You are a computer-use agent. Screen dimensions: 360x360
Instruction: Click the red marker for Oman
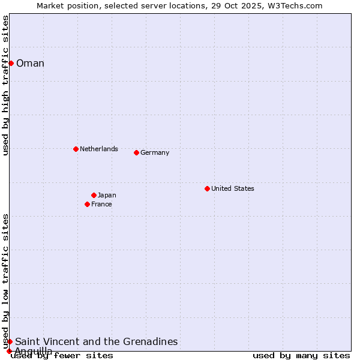coord(11,63)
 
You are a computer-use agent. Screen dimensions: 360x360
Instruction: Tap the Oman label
coord(30,64)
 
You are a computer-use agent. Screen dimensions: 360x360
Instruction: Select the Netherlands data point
coord(76,149)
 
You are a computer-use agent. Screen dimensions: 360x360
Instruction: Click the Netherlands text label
coord(98,149)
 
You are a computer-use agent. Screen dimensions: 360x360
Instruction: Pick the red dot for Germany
coord(136,152)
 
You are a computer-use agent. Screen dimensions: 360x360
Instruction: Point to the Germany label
coord(155,152)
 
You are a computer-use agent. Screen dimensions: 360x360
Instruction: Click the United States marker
coord(207,188)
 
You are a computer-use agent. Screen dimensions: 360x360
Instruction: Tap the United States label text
coord(232,188)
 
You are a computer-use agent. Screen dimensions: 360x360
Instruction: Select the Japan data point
coord(94,195)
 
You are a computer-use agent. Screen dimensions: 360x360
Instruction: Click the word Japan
coord(107,195)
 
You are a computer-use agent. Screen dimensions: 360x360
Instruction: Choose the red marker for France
coord(87,204)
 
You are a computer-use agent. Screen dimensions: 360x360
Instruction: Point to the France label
coord(101,204)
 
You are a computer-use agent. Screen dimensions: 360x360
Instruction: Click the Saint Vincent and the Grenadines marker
coord(10,341)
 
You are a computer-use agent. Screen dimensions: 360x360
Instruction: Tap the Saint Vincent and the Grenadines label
coord(96,342)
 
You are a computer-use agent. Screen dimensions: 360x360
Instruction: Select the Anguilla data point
coord(9,351)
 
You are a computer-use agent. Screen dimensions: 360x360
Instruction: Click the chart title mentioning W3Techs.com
coord(179,5)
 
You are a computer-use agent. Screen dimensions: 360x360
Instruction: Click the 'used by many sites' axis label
coord(301,356)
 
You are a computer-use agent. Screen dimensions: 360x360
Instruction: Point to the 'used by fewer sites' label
coord(62,356)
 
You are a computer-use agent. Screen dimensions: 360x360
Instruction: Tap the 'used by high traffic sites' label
coord(6,85)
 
